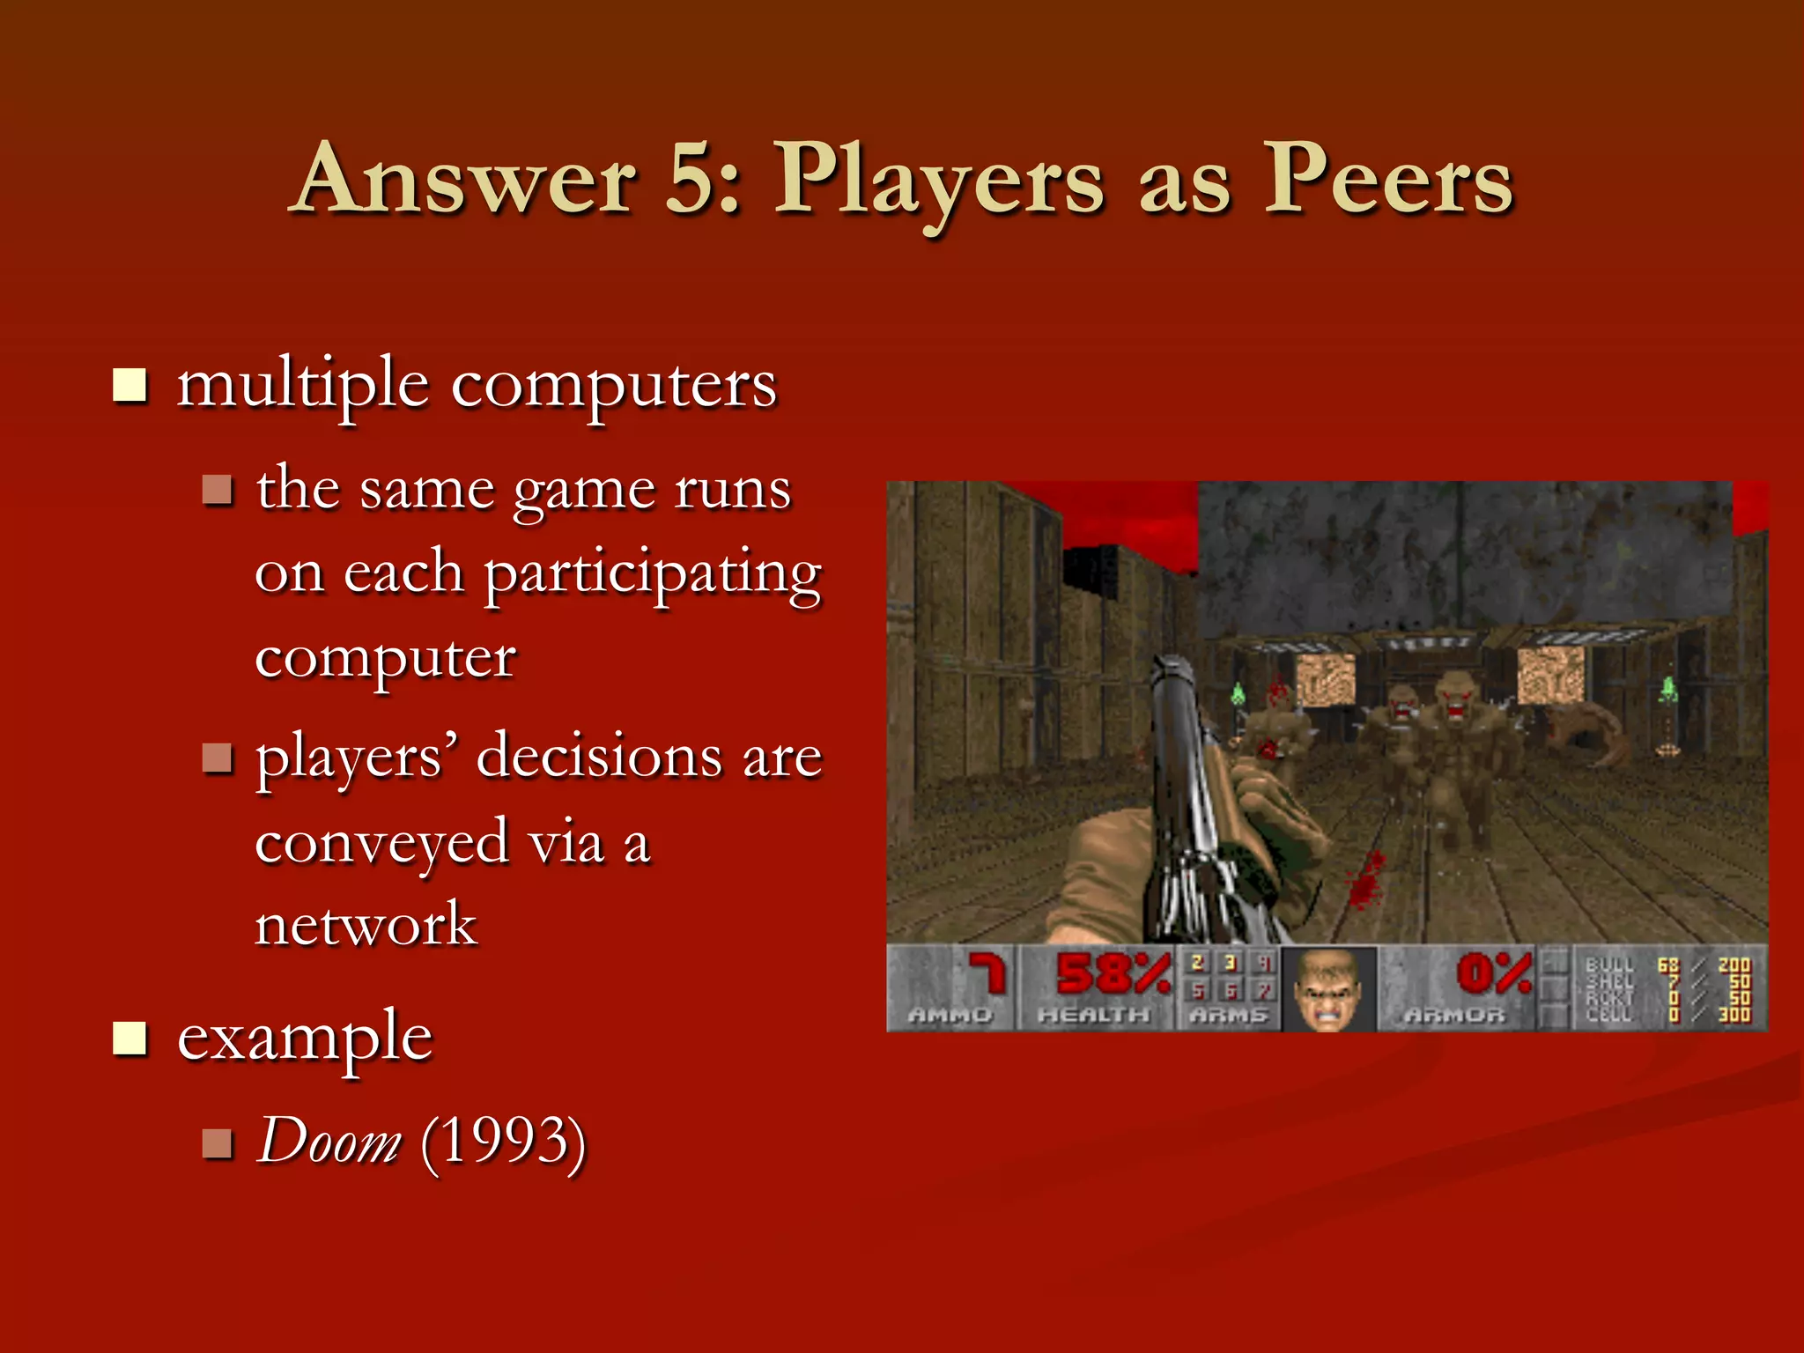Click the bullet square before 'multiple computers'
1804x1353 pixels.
click(130, 385)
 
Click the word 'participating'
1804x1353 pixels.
click(652, 574)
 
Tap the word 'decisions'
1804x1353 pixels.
click(598, 757)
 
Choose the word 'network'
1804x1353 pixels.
click(366, 925)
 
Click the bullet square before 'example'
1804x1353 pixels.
click(130, 1038)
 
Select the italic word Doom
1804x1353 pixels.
click(328, 1142)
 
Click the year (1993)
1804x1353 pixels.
click(503, 1142)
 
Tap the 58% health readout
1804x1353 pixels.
click(1113, 974)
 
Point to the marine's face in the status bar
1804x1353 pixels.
click(1328, 988)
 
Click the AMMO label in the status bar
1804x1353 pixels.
click(950, 1016)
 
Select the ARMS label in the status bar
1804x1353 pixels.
click(1229, 1016)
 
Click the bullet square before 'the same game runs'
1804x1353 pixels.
click(217, 489)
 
